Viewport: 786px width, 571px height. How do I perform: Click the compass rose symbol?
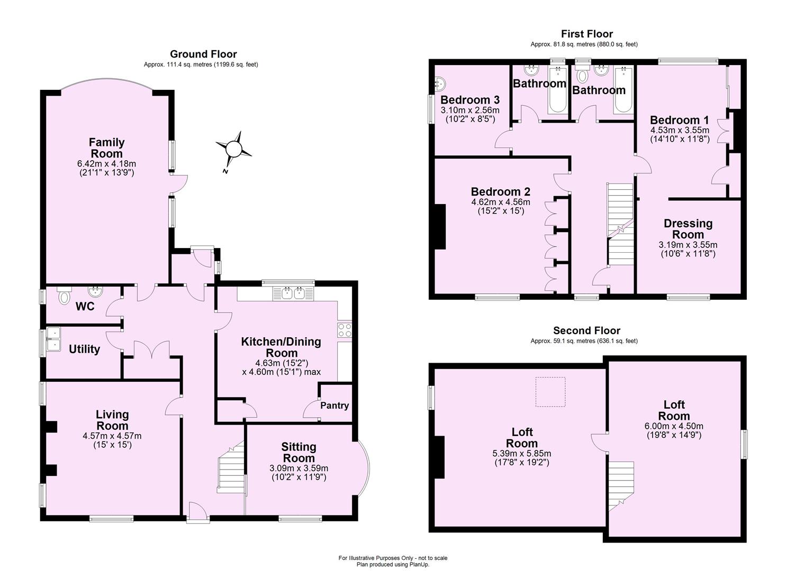click(233, 149)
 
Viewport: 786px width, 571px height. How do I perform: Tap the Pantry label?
click(335, 406)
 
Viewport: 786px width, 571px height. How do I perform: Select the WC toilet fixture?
click(64, 297)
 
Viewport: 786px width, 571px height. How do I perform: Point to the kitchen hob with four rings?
click(345, 330)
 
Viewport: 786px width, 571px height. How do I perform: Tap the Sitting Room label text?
click(299, 453)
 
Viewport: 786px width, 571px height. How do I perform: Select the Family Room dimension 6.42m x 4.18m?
click(106, 164)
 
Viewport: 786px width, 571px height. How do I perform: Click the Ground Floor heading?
click(203, 54)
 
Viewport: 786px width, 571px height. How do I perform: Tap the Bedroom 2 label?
click(501, 191)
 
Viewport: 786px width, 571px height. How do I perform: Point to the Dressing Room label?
click(688, 228)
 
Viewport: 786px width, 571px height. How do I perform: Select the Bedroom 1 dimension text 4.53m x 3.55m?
click(680, 130)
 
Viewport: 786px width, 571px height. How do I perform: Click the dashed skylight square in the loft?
click(550, 391)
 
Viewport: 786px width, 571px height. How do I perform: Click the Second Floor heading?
click(586, 330)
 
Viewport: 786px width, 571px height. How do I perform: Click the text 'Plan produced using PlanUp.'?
click(393, 565)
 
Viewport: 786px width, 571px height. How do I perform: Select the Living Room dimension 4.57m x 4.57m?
click(112, 436)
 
